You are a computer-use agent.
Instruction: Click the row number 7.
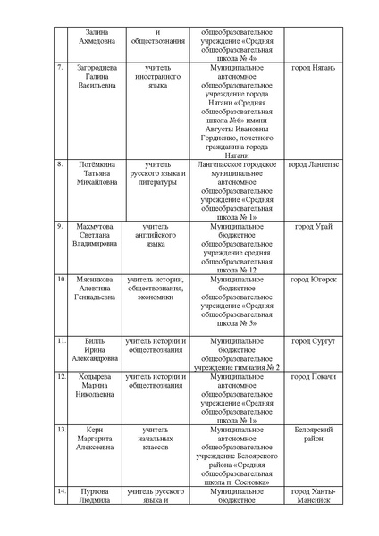(x=60, y=68)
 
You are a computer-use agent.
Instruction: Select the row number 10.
(x=61, y=280)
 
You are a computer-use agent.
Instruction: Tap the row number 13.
(x=61, y=430)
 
